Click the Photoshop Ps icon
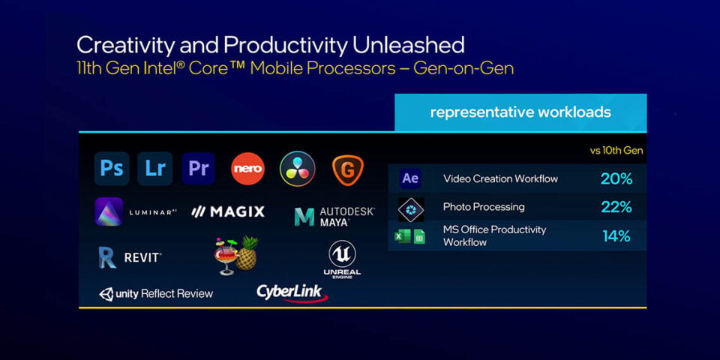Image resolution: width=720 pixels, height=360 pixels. [x=112, y=169]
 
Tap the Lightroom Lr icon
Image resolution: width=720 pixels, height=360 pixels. [x=154, y=169]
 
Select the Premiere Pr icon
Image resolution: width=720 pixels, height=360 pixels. [x=198, y=169]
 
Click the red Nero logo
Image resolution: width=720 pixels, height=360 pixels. [x=248, y=169]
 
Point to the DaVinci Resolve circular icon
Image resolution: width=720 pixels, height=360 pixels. [x=298, y=169]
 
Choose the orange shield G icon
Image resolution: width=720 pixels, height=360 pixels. [x=347, y=170]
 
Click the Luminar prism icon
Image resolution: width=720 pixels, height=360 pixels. [x=109, y=211]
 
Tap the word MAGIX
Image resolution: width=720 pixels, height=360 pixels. [x=238, y=211]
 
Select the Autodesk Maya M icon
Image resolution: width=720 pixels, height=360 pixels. [x=304, y=217]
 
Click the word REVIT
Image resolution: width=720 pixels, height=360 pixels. [x=142, y=257]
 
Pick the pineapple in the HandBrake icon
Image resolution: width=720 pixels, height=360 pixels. [x=247, y=254]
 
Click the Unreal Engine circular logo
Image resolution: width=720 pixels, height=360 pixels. [x=342, y=254]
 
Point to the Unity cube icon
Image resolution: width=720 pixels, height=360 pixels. [x=106, y=294]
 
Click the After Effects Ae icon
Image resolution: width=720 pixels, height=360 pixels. [x=410, y=178]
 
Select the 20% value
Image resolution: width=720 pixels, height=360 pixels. [x=616, y=179]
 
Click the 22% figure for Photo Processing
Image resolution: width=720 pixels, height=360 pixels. [x=616, y=207]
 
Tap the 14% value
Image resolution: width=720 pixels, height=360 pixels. [x=616, y=236]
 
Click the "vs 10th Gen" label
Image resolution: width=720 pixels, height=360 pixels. [x=616, y=151]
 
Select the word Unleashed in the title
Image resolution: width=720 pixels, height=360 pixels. [x=408, y=46]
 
